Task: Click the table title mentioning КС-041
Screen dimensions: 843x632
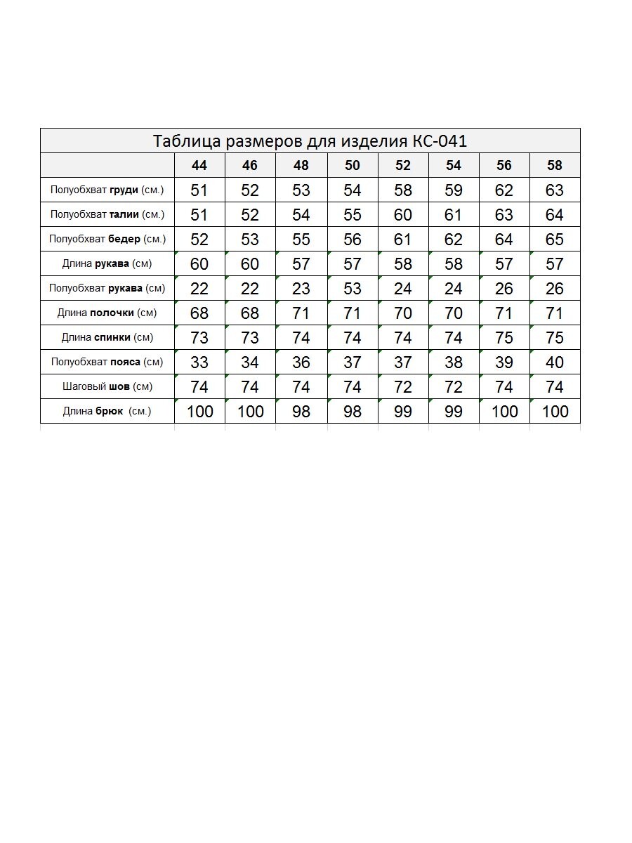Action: coord(310,141)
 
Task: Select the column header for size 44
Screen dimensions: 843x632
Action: coord(199,166)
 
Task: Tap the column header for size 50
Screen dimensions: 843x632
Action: coord(353,166)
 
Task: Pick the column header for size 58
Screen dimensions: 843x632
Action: coord(555,166)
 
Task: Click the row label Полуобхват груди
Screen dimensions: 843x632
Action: coord(107,190)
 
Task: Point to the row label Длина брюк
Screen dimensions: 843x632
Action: coord(107,411)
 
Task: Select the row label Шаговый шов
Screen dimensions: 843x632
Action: coord(107,386)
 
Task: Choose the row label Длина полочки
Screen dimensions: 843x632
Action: coord(107,313)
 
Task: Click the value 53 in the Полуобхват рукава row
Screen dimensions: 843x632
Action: coord(353,289)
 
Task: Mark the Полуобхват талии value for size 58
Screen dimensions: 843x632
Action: coord(555,215)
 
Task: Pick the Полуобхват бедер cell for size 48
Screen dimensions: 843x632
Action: coord(301,240)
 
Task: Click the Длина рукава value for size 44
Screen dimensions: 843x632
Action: coord(199,264)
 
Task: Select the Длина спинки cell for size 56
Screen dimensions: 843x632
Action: coord(504,338)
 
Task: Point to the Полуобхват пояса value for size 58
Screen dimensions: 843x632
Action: coord(555,362)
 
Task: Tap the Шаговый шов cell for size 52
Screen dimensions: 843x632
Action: coord(403,387)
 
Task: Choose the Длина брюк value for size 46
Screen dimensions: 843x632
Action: coord(251,412)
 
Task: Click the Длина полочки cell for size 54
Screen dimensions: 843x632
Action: coord(454,313)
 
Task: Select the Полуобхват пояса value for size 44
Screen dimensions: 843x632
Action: coord(199,362)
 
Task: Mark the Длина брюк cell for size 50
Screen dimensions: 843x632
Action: coord(353,412)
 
